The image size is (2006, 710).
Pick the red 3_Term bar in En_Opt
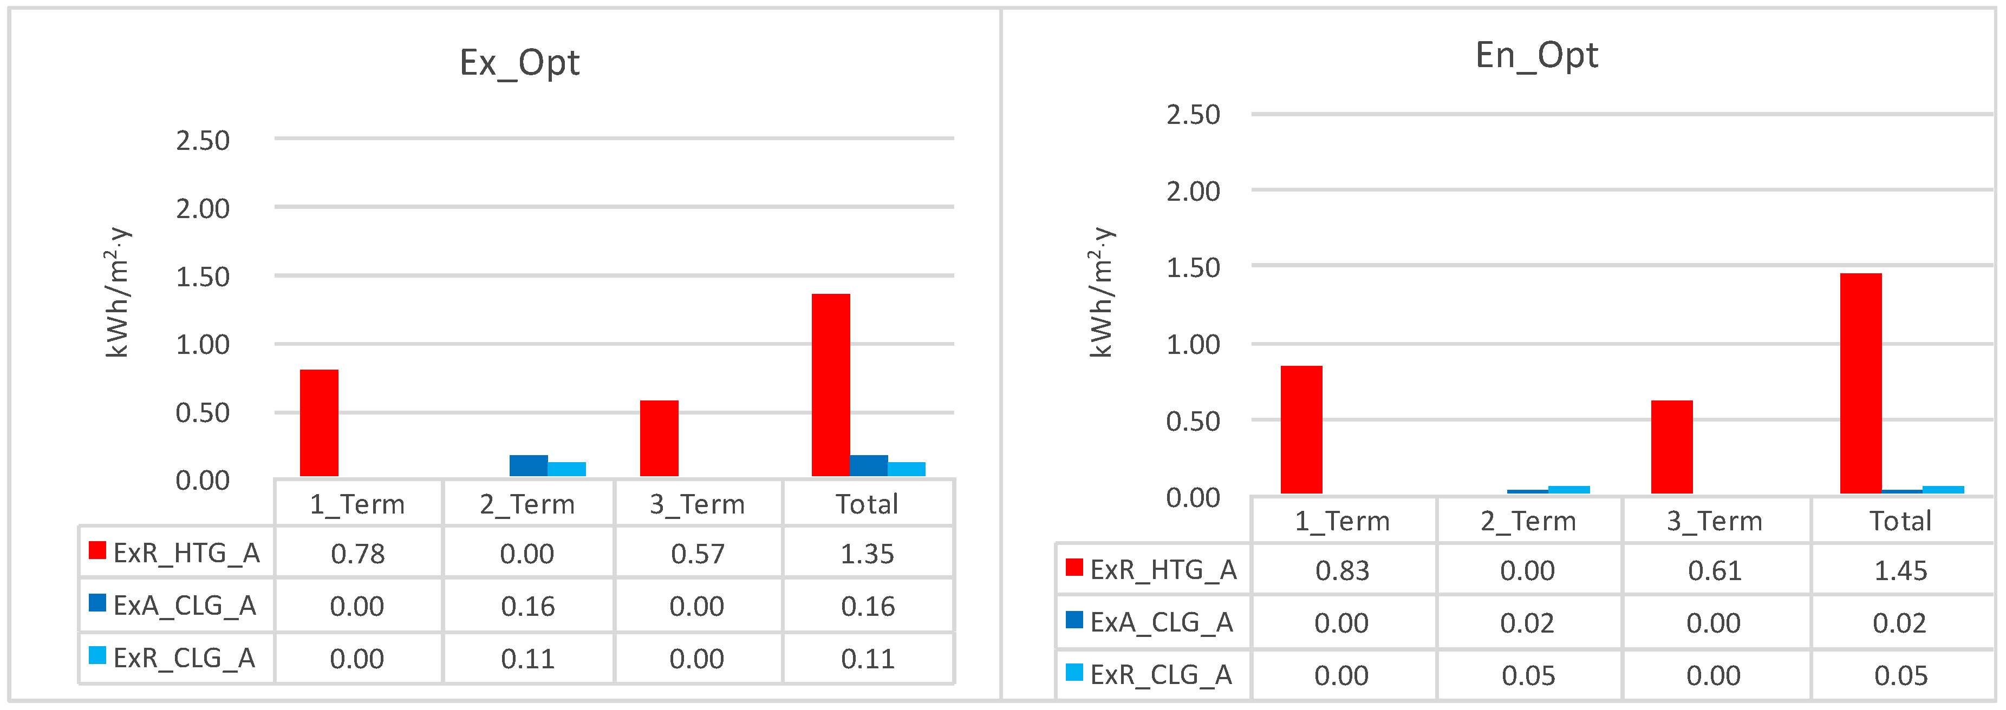[x=1671, y=447]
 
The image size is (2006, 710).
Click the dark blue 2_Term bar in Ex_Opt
[x=528, y=465]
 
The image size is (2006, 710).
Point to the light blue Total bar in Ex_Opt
[x=907, y=469]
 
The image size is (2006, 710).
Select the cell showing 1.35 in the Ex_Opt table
[x=868, y=554]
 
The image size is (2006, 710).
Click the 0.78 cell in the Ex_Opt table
[x=357, y=554]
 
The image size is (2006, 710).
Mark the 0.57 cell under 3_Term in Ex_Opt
[x=697, y=554]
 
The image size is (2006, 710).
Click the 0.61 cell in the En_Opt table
[x=1714, y=570]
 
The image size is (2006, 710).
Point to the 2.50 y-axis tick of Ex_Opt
[x=203, y=140]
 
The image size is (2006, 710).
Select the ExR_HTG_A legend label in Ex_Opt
[x=186, y=553]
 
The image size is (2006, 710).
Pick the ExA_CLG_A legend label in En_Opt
[x=1161, y=622]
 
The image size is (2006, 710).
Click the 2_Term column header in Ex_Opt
[x=527, y=504]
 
